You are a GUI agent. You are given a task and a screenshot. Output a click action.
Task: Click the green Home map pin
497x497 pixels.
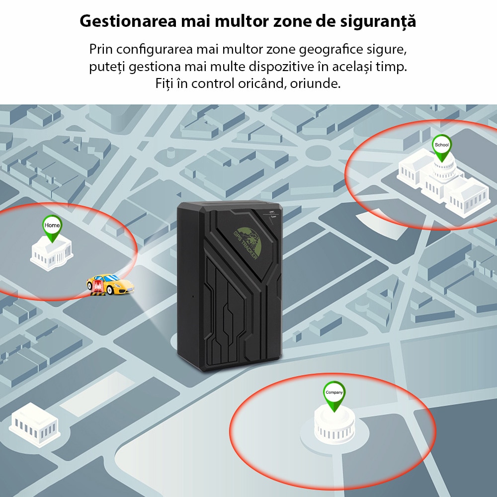(x=52, y=227)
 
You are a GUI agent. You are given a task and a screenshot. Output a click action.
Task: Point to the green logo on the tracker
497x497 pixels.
(x=249, y=238)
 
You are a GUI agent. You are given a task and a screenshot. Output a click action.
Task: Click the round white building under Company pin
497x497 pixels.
(x=334, y=426)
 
